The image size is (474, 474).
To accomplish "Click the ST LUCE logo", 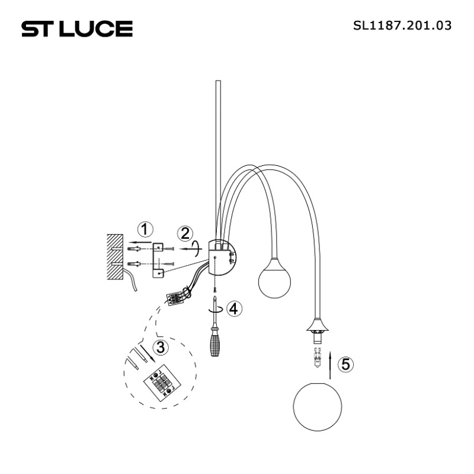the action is coord(77,28).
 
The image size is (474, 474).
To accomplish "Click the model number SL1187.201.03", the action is coord(402,25).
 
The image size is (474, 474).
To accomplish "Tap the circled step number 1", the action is coord(145,229).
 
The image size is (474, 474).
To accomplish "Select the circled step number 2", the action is coord(185,233).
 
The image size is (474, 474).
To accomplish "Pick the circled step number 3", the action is coord(161,347).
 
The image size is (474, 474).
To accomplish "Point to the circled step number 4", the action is coord(234,309).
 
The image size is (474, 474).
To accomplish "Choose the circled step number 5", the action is coord(345,364).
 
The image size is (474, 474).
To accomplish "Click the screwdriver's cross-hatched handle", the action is coord(214,345).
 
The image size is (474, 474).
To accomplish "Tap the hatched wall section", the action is coord(115,257).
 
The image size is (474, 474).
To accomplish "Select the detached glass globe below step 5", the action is coord(318,406).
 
